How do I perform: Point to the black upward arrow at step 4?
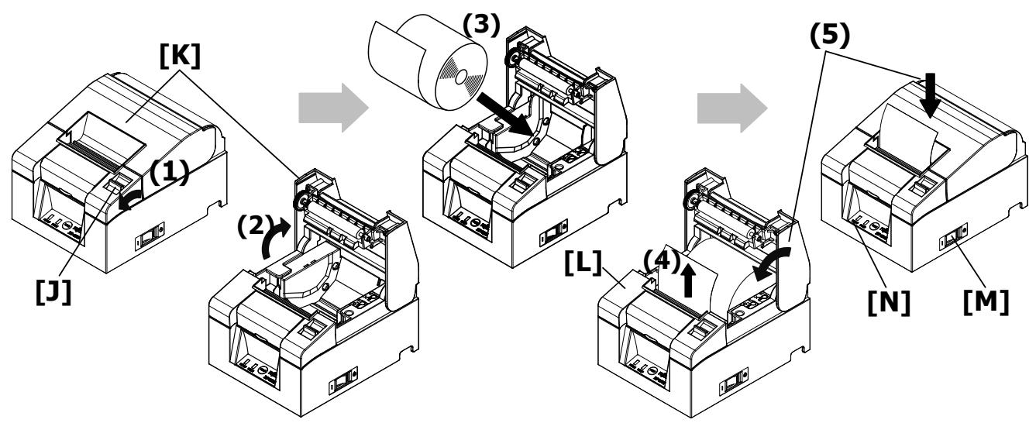687,269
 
